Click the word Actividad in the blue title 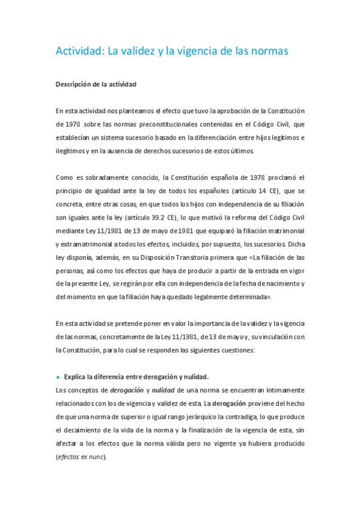[79, 52]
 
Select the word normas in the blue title [267, 52]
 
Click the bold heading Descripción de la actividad [96, 84]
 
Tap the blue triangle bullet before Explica [58, 377]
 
